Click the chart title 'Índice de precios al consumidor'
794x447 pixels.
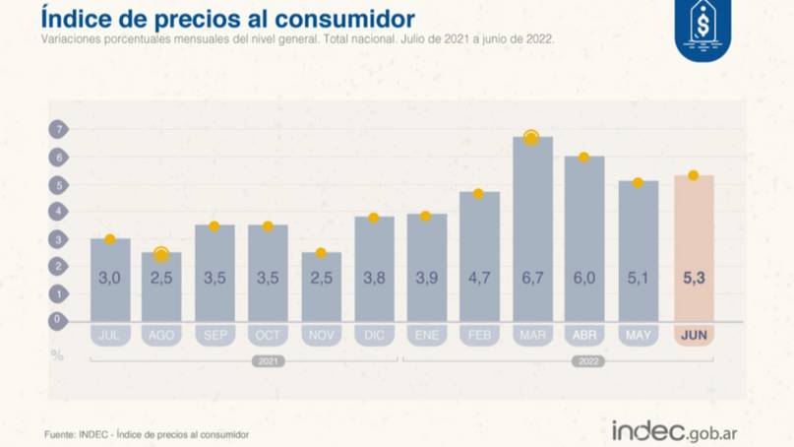(227, 19)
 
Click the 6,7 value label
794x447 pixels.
(532, 279)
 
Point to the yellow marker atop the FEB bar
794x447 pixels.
(479, 194)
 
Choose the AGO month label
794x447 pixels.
(161, 336)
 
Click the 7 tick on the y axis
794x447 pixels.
(58, 130)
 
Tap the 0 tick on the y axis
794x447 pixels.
(58, 320)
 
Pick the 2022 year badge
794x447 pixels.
(587, 361)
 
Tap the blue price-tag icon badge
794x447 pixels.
(702, 29)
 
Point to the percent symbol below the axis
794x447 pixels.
(57, 354)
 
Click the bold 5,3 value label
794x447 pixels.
(694, 279)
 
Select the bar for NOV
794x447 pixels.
(321, 286)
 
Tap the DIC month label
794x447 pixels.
(374, 336)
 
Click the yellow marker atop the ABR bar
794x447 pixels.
(584, 158)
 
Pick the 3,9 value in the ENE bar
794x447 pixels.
(427, 279)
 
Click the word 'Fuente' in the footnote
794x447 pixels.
(60, 433)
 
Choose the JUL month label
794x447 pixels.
(109, 336)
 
